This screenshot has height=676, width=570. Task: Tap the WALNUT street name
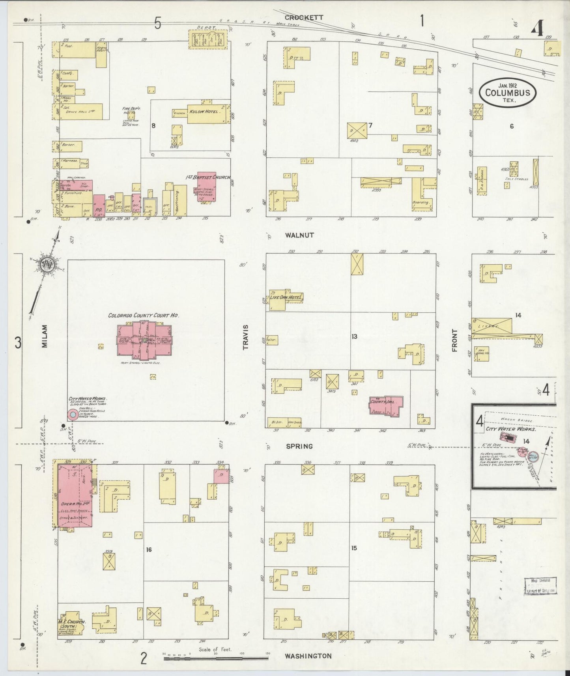tap(299, 235)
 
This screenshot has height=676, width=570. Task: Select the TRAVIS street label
tap(245, 337)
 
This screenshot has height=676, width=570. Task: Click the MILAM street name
tap(44, 336)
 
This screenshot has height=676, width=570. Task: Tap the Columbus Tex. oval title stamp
tap(507, 93)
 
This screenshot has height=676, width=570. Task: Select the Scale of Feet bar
tap(216, 657)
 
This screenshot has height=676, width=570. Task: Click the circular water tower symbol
tap(73, 415)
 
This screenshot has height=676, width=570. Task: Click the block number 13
tap(354, 336)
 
